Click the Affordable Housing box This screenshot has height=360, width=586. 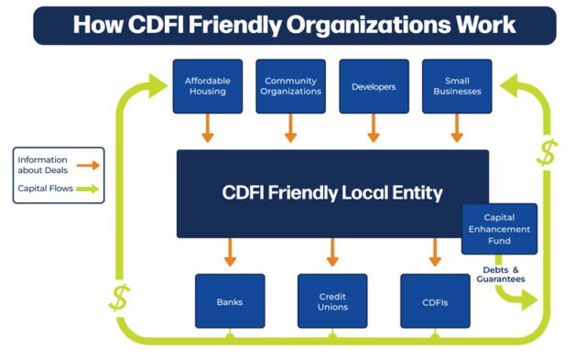point(207,86)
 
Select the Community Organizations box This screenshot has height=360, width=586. point(290,86)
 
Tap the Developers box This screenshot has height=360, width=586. point(374,86)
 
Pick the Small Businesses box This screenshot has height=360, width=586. point(457,86)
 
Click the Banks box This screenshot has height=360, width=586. point(230,300)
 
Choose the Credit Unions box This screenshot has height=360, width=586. point(332,300)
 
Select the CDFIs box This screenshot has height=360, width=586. point(435,300)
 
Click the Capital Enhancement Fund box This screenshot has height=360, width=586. point(499,229)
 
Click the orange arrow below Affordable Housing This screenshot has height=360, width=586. point(208,129)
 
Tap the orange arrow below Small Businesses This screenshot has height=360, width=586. point(457,129)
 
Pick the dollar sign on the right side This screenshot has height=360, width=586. point(547,153)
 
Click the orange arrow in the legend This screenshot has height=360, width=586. point(88,165)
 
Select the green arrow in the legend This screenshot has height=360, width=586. point(88,191)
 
